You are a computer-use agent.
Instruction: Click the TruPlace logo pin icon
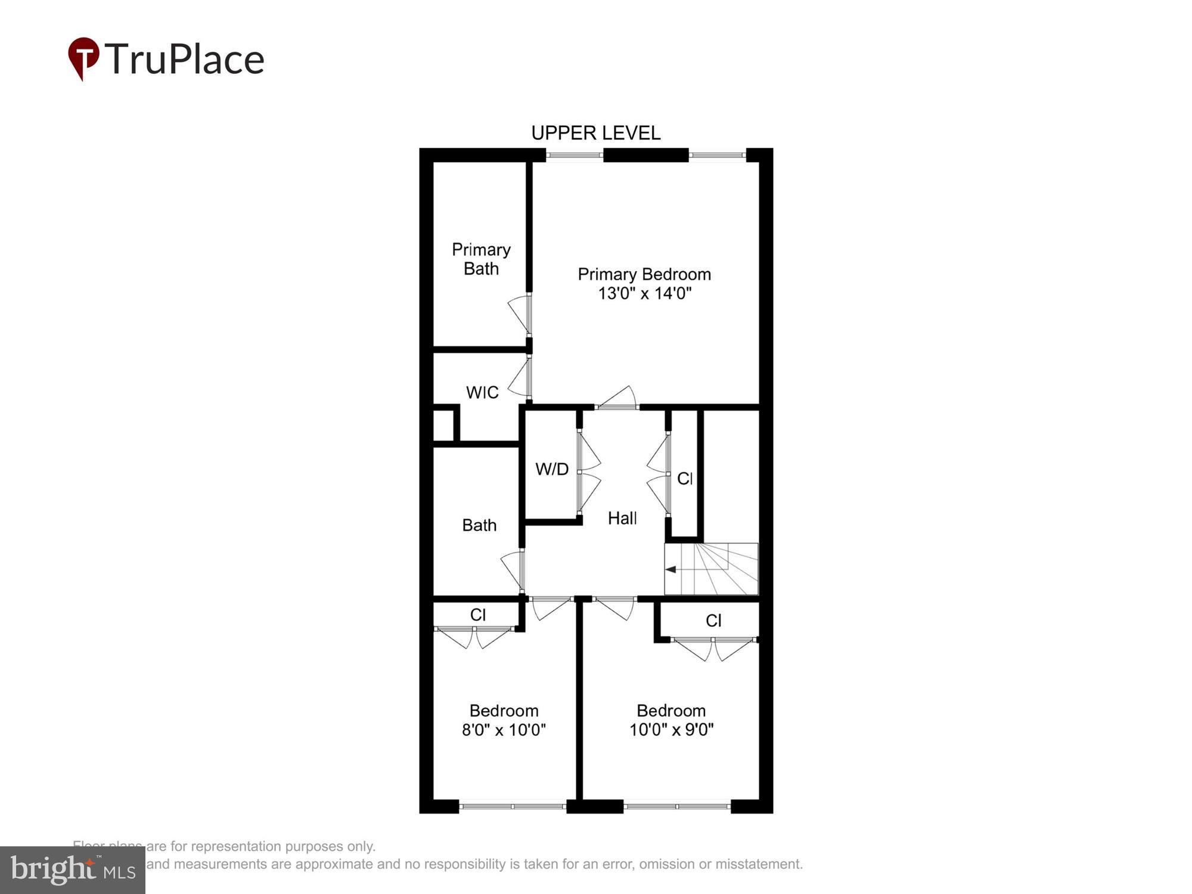click(83, 58)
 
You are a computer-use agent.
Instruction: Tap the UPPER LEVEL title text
click(595, 133)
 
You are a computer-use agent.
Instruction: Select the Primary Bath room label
click(481, 259)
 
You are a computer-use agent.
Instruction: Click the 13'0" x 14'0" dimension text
click(644, 293)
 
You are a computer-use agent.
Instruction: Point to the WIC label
click(482, 392)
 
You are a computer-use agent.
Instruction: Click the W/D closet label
click(552, 469)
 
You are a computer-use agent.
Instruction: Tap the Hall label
click(622, 518)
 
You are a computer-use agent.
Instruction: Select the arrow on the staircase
click(671, 569)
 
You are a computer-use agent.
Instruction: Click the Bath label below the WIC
click(479, 525)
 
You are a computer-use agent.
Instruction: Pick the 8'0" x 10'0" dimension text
click(504, 730)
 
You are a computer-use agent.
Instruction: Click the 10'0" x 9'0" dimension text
click(671, 730)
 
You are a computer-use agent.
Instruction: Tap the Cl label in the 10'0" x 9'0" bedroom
click(713, 620)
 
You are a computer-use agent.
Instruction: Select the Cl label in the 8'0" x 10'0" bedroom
click(478, 614)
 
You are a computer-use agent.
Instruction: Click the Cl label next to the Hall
click(684, 478)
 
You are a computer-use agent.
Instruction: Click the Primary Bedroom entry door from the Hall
click(617, 398)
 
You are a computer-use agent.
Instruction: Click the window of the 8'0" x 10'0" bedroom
click(513, 806)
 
